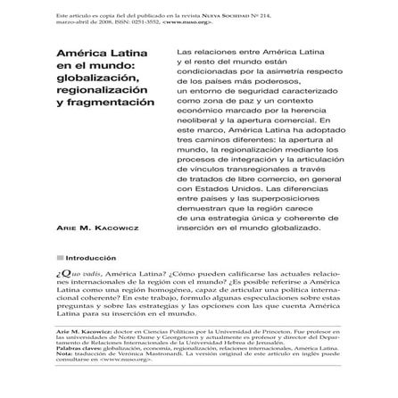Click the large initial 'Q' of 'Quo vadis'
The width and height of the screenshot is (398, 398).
coord(61,271)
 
